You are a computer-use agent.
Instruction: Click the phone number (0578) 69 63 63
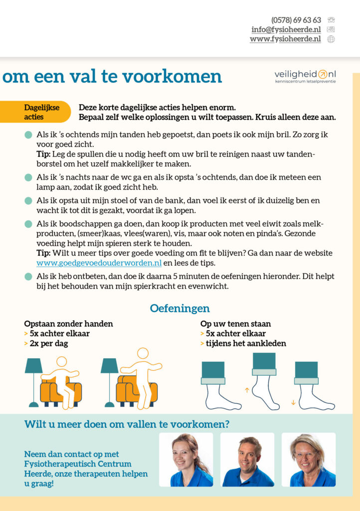[296, 20]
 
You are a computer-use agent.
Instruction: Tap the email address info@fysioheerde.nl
[286, 29]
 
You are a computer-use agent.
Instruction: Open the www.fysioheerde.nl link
[285, 39]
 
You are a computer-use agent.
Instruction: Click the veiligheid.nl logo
[305, 76]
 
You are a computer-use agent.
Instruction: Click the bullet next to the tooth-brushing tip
[28, 135]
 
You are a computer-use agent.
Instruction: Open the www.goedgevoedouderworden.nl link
[99, 263]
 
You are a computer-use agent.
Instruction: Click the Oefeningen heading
[180, 308]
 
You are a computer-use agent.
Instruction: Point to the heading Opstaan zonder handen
[68, 324]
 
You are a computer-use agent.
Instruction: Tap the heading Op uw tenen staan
[235, 324]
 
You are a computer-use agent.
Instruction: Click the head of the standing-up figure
[143, 353]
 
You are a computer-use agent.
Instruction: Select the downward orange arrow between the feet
[293, 402]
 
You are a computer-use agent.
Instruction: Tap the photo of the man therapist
[247, 460]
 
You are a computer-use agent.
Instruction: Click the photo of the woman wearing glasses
[308, 460]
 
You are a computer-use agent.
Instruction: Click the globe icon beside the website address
[331, 39]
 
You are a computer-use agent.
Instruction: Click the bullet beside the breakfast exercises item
[28, 276]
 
